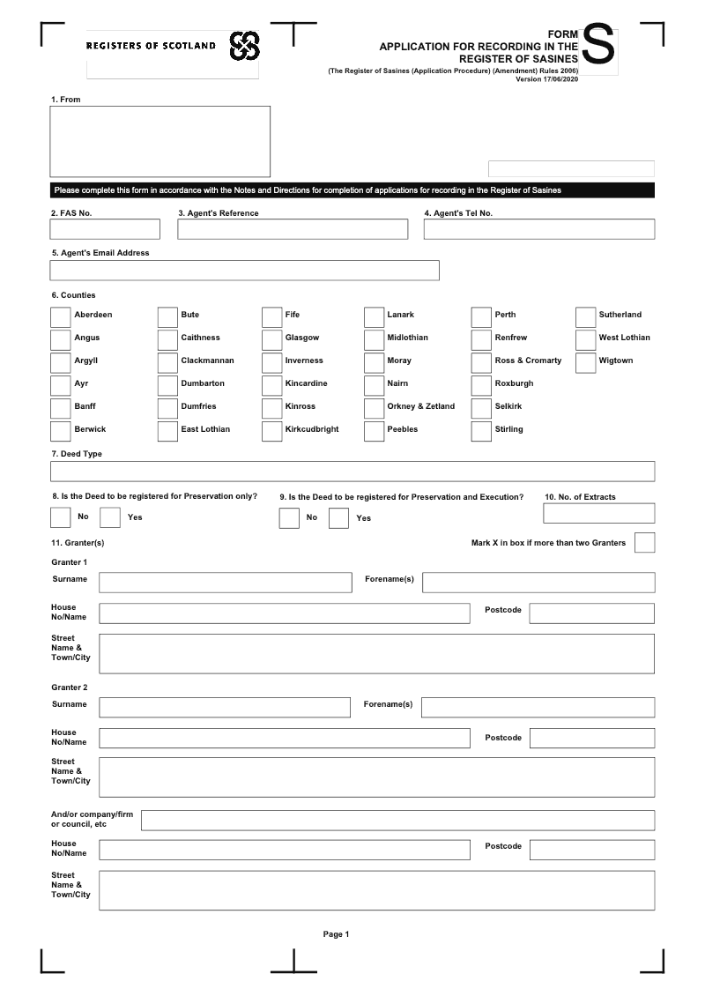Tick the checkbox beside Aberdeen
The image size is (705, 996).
click(60, 316)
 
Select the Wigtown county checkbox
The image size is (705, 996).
click(585, 362)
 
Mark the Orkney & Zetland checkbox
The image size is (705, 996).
click(374, 408)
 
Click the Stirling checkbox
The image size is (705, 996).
click(480, 431)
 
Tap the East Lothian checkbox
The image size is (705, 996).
click(167, 431)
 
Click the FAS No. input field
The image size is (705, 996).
click(105, 229)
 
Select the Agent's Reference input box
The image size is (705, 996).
click(293, 229)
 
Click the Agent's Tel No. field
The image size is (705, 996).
click(538, 229)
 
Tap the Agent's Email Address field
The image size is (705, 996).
click(244, 271)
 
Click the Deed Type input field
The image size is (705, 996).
click(352, 471)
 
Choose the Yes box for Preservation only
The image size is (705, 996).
click(110, 517)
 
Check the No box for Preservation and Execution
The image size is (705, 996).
click(289, 518)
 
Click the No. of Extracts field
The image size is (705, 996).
click(598, 513)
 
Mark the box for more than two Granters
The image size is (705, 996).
click(644, 543)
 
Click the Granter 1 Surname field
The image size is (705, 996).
click(225, 582)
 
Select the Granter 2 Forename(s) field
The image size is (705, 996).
click(538, 707)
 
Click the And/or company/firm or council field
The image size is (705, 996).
click(397, 820)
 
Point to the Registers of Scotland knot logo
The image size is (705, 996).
click(244, 46)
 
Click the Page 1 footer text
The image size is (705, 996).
click(337, 934)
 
